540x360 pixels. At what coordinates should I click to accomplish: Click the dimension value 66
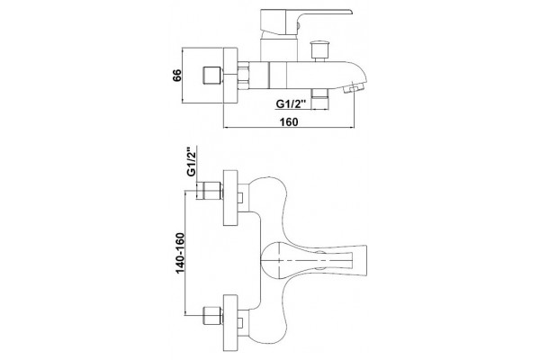pos(176,75)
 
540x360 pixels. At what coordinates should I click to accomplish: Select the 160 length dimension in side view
pos(289,122)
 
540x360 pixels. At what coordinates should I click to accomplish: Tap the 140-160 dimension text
pos(180,253)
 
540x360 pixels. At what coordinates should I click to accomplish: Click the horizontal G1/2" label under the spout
pos(292,103)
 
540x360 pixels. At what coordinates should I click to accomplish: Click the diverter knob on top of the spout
pos(319,51)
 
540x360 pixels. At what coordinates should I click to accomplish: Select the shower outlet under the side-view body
pos(319,99)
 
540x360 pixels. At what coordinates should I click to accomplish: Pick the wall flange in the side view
pos(230,75)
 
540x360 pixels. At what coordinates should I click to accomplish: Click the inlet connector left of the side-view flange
pos(212,75)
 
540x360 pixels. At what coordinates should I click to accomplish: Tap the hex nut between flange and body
pos(243,75)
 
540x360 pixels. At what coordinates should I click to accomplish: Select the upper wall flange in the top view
pos(230,198)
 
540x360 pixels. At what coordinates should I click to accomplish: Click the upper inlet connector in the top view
pos(210,191)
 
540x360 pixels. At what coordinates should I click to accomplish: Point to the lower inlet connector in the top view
pos(213,315)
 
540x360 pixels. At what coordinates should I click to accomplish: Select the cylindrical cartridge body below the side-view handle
pos(279,49)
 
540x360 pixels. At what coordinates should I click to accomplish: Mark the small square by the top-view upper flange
pos(240,198)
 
